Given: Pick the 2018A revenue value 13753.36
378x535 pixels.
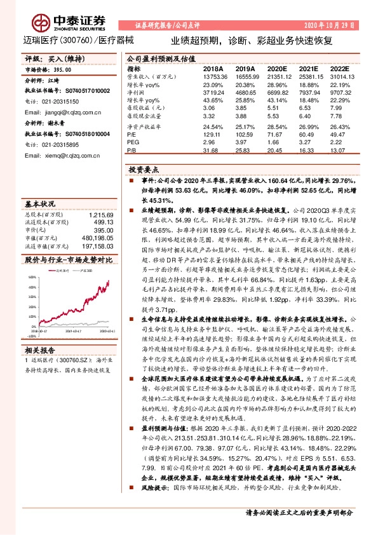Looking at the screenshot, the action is [x=215, y=76].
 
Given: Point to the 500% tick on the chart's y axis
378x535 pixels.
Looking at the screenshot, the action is [x=33, y=278].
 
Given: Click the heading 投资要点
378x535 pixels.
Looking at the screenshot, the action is [x=143, y=171].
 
